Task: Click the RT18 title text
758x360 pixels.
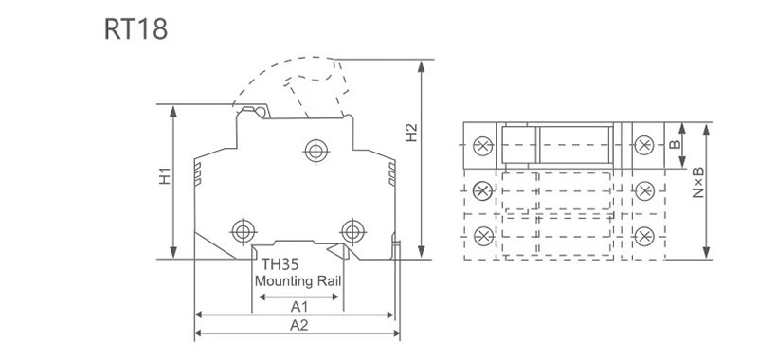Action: click(135, 29)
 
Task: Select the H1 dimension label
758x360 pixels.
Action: click(165, 176)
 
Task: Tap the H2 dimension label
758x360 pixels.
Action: click(411, 134)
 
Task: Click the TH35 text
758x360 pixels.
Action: click(280, 266)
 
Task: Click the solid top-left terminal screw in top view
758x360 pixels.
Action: click(482, 146)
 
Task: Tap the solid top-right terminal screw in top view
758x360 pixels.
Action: click(644, 146)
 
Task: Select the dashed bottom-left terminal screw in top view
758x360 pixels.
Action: click(482, 235)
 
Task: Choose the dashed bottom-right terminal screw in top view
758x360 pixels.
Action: click(644, 235)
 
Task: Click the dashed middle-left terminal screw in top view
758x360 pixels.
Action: click(482, 190)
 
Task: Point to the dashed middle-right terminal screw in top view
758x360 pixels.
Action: click(644, 190)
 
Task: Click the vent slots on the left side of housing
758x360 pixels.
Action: click(198, 173)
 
